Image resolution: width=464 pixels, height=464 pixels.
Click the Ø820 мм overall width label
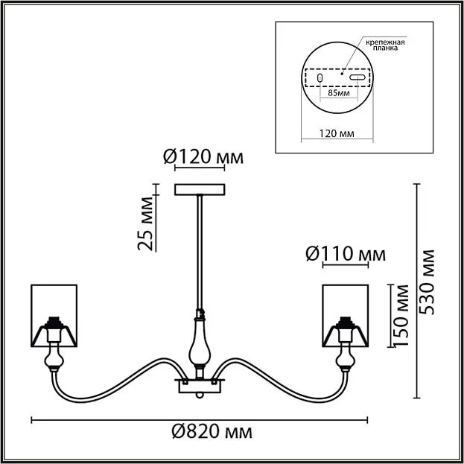[x=212, y=432]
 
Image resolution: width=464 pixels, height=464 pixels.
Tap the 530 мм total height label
[x=428, y=282]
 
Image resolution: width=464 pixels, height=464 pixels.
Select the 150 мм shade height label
[x=401, y=316]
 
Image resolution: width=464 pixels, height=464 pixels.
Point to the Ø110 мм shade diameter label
[x=346, y=254]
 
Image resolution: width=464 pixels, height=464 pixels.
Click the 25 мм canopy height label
[x=146, y=223]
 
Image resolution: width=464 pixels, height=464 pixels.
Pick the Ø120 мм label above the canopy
[x=203, y=157]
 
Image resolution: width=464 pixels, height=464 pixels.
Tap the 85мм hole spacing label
[x=339, y=93]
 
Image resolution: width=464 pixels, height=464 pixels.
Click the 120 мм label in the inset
[x=337, y=134]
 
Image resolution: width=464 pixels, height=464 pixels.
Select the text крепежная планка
[x=385, y=45]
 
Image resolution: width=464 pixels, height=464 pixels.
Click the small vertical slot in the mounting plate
[x=320, y=77]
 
